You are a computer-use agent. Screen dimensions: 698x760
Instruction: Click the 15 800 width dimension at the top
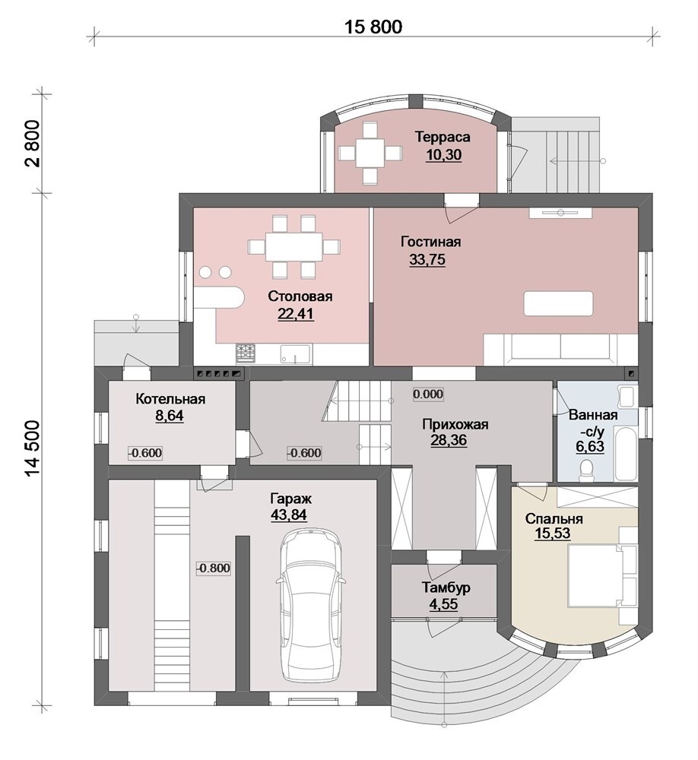(x=373, y=27)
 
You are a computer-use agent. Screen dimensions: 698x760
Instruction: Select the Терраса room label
(x=443, y=137)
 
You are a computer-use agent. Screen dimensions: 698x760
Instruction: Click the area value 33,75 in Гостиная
(x=427, y=260)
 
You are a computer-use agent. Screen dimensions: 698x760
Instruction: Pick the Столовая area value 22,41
(x=296, y=314)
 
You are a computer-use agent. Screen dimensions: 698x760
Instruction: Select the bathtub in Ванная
(x=625, y=453)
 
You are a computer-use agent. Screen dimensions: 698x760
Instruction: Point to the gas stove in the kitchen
(x=246, y=353)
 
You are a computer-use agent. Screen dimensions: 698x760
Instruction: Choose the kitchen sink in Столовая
(x=295, y=353)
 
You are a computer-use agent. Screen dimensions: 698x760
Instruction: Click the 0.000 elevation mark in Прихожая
(x=428, y=394)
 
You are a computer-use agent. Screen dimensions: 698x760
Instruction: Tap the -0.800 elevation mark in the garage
(x=214, y=568)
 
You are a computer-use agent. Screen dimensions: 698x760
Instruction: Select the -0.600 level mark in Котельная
(x=145, y=453)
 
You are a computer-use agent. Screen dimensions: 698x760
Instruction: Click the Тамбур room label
(x=446, y=588)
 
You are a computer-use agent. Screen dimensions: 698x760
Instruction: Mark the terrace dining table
(x=370, y=154)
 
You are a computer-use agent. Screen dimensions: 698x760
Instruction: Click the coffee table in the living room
(x=558, y=303)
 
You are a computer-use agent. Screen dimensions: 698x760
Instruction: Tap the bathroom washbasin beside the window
(x=627, y=397)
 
